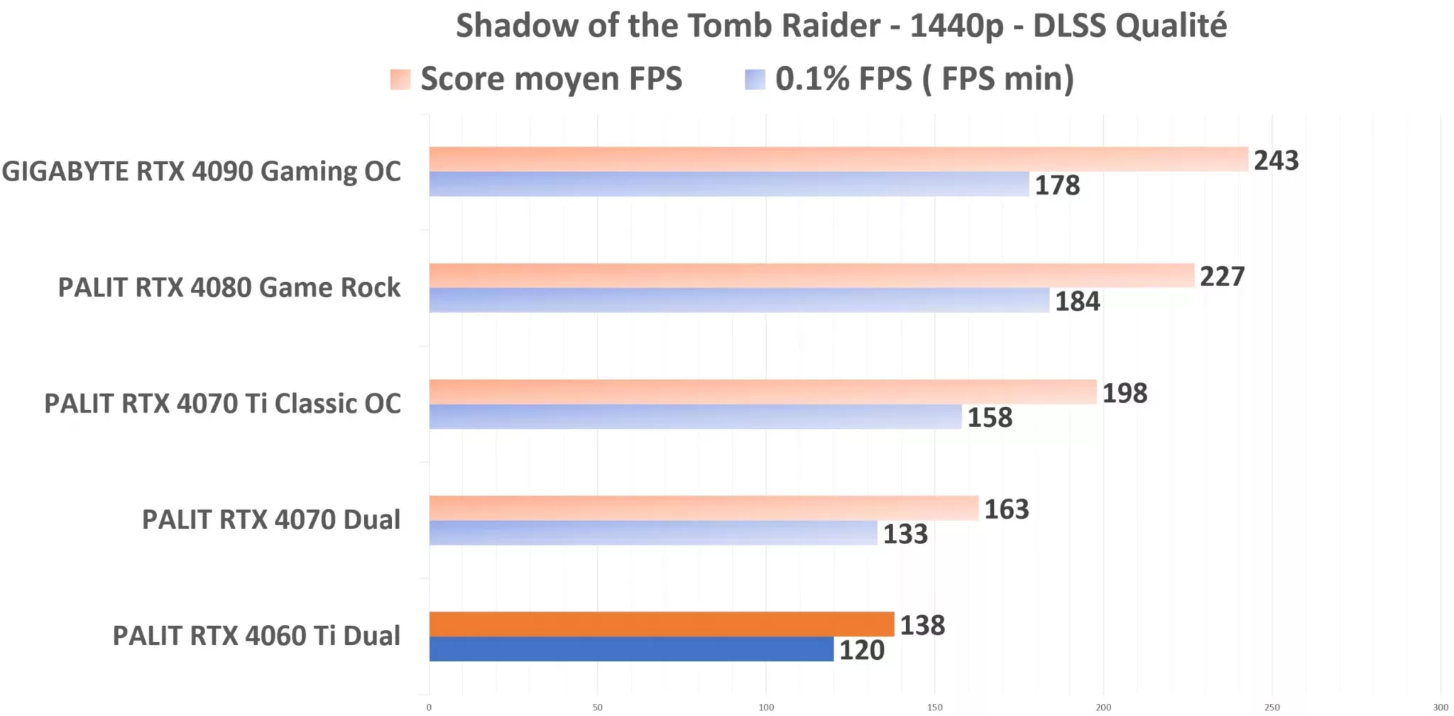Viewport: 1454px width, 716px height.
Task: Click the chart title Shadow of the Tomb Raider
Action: click(841, 26)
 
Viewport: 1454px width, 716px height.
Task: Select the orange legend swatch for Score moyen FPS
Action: click(400, 79)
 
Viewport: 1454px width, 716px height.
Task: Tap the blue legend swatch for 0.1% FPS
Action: click(755, 79)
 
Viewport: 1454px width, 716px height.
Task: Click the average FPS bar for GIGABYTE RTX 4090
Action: click(838, 159)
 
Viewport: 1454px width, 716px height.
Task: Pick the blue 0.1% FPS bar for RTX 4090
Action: click(728, 184)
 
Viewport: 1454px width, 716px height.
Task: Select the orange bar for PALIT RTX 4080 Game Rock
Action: click(811, 276)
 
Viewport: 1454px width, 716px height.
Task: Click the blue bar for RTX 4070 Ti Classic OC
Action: click(695, 417)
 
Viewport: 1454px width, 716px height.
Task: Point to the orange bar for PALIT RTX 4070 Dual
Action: click(704, 508)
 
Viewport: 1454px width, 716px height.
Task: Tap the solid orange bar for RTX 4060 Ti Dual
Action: click(661, 624)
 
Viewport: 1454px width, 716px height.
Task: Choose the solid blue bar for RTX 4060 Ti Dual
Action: click(631, 649)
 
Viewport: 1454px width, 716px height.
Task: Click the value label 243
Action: click(1276, 161)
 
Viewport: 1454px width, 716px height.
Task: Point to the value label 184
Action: click(1077, 302)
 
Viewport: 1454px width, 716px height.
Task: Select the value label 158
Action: click(990, 418)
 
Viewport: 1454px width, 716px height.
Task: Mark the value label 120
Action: click(862, 651)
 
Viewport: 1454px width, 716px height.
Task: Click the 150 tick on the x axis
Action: click(935, 707)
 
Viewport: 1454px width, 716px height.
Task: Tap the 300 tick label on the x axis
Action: click(1441, 707)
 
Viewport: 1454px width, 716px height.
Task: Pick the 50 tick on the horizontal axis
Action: click(598, 707)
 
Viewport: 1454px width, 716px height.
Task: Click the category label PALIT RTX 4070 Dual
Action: click(271, 520)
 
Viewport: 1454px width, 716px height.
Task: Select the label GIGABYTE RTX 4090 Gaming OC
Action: click(202, 172)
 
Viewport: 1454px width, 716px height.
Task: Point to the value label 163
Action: click(1006, 509)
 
